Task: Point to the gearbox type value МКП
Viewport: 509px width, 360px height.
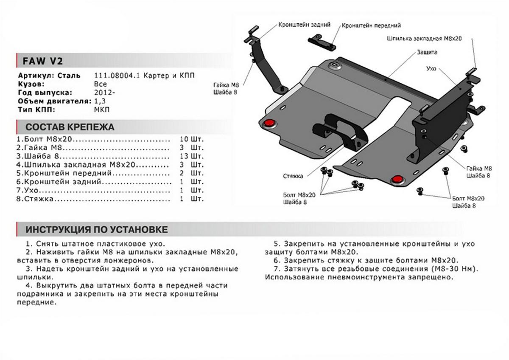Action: [x=101, y=110]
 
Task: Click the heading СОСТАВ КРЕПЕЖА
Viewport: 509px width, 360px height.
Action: [x=70, y=127]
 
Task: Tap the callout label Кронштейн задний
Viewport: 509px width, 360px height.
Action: [x=304, y=25]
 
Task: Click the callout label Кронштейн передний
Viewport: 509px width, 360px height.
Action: [x=371, y=25]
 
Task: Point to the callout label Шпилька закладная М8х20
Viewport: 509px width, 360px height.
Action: [x=424, y=38]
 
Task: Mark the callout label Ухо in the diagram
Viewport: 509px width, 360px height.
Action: [x=431, y=67]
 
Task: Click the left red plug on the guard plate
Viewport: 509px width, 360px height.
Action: [x=269, y=123]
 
